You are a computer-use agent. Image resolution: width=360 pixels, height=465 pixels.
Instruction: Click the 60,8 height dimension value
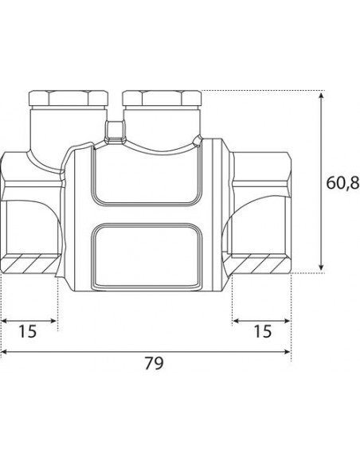tap(342, 182)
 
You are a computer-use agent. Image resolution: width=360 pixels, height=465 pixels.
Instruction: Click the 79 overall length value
tap(154, 363)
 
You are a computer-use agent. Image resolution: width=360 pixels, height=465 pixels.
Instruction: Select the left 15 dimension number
tap(28, 331)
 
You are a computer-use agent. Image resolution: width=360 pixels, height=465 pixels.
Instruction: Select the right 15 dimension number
tap(263, 331)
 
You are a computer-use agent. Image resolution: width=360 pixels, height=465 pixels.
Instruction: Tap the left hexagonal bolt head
tap(68, 98)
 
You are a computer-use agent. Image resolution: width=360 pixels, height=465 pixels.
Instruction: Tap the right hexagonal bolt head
tap(162, 98)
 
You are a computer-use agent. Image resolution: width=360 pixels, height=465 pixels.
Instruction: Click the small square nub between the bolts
tap(115, 130)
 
